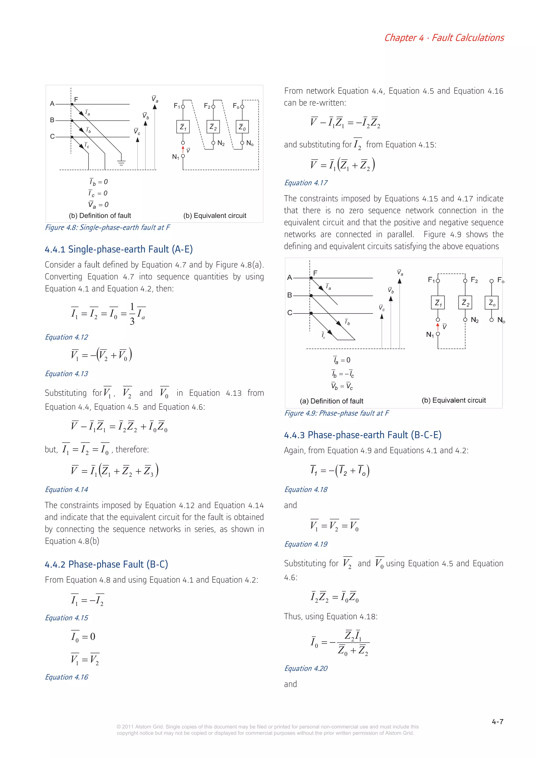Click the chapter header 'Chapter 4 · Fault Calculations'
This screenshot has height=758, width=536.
tap(444, 38)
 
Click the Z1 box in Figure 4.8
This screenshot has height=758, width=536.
tap(183, 127)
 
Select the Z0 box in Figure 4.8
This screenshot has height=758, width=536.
tap(242, 127)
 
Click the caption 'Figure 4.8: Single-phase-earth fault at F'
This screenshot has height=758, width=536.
tap(107, 227)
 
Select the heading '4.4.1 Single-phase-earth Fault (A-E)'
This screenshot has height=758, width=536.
tap(119, 249)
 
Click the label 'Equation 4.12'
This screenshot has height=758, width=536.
tap(66, 337)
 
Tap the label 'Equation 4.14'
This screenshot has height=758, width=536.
tap(66, 489)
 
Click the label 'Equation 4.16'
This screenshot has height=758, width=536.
tap(66, 677)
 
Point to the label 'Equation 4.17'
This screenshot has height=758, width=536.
tap(306, 183)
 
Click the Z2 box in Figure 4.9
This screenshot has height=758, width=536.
tap(465, 302)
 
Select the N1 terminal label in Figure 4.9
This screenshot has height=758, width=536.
tap(430, 334)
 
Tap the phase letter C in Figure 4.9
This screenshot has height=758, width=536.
tap(290, 313)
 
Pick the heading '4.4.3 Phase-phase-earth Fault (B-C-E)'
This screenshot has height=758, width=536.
tap(363, 435)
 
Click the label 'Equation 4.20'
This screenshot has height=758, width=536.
tap(306, 668)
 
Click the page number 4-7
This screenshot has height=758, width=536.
tap(497, 722)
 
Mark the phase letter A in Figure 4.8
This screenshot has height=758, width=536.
tap(52, 104)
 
